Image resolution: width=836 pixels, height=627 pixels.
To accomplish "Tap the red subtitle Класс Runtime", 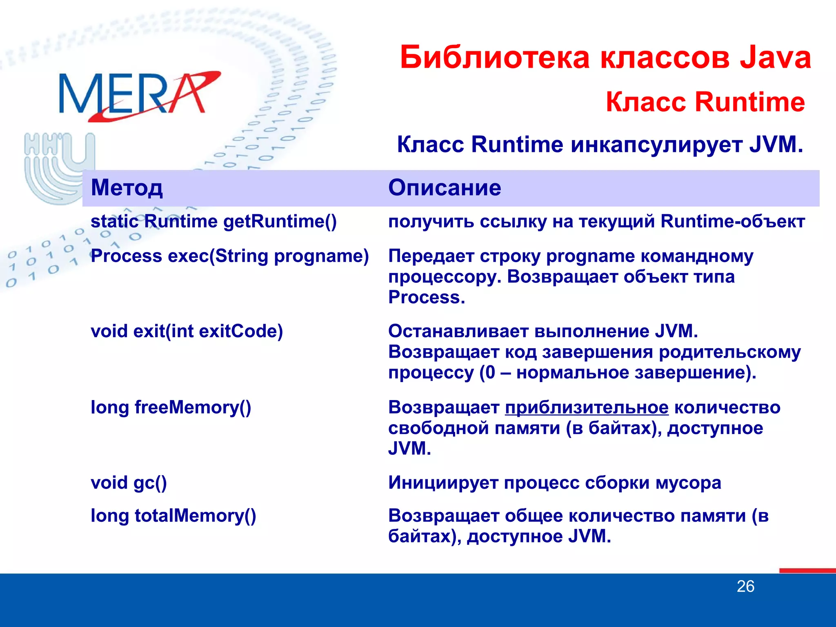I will tap(705, 102).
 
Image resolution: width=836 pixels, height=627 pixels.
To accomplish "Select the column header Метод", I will tap(127, 188).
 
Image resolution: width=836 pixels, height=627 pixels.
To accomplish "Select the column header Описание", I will tap(444, 188).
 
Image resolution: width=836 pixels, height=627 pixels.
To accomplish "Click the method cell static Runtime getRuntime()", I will tap(213, 222).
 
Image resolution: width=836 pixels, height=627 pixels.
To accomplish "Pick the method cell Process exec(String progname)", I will tap(229, 256).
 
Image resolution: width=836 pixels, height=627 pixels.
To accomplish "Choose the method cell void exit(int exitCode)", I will tap(187, 331).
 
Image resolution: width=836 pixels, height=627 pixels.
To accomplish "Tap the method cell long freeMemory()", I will tap(171, 407).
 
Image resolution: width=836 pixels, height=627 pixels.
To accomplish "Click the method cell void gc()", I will tap(129, 483).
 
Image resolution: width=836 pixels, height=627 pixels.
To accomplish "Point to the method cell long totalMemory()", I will tap(173, 516).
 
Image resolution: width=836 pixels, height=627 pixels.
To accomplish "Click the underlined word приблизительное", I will tap(587, 407).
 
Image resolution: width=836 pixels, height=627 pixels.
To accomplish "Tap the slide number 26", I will tap(745, 587).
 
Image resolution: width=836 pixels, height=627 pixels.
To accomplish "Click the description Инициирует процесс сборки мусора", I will tap(554, 483).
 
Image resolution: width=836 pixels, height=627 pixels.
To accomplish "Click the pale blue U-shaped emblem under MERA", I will tap(57, 167).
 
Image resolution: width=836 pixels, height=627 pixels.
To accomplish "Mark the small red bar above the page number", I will tap(807, 570).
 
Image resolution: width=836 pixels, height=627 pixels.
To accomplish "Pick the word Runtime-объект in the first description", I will tap(732, 222).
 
